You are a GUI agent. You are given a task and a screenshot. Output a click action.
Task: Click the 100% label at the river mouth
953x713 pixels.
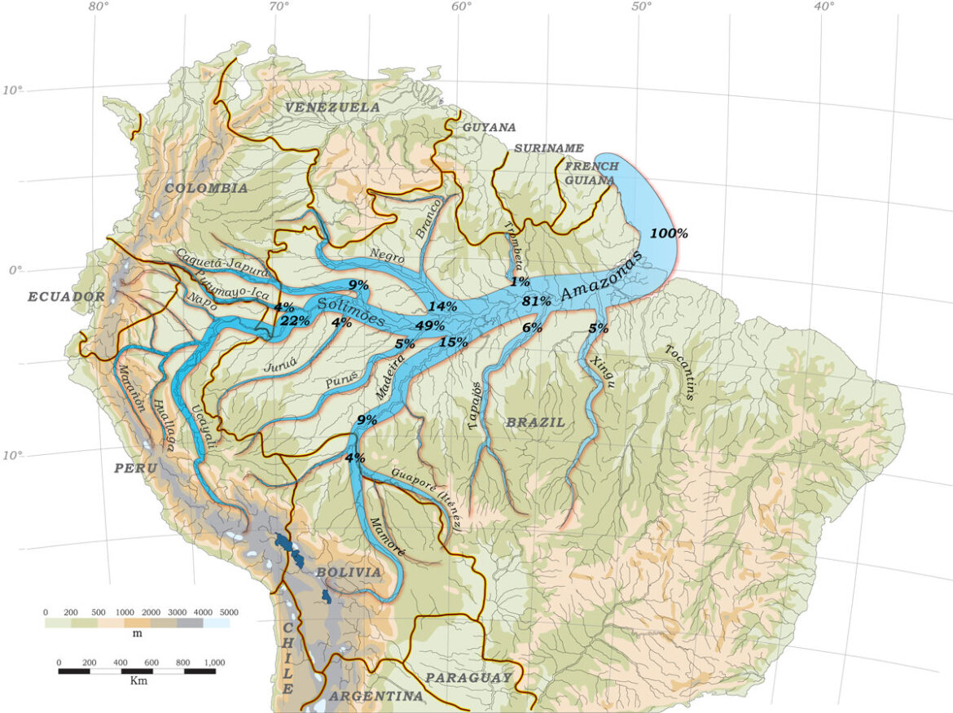click(669, 234)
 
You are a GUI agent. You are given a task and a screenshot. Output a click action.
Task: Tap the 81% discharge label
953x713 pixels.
click(537, 301)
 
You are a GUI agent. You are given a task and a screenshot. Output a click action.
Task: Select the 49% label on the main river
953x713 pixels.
click(430, 326)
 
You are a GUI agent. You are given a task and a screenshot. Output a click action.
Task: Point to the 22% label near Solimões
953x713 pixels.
click(294, 321)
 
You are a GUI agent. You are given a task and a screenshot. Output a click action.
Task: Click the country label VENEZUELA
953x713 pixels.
click(332, 107)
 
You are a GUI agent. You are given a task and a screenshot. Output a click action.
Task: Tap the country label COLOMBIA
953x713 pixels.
click(206, 188)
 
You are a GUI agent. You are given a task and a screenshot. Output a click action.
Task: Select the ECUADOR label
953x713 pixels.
click(66, 297)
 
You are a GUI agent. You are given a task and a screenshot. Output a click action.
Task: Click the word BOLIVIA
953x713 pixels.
click(348, 572)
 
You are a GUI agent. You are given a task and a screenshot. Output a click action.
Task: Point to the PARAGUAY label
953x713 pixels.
click(468, 677)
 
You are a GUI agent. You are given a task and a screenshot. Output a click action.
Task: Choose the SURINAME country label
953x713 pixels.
click(549, 148)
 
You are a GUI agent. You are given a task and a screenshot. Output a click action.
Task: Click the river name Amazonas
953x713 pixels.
click(602, 281)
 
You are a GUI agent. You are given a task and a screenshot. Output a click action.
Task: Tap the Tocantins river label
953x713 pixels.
click(681, 372)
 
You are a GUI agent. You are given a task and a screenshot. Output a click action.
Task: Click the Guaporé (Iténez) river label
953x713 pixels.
click(427, 499)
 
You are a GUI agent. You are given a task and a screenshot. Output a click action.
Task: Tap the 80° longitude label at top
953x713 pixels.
click(99, 7)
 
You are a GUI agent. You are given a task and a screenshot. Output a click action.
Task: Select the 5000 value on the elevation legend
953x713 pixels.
click(228, 612)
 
